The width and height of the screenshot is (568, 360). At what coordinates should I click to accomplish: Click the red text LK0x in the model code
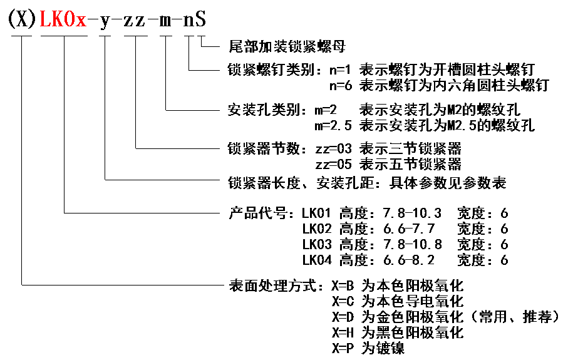tap(63, 20)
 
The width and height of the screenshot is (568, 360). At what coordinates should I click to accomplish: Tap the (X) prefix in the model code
tap(23, 20)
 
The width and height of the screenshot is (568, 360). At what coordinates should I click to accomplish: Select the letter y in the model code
tap(105, 20)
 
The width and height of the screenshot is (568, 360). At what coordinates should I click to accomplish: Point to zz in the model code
tap(135, 20)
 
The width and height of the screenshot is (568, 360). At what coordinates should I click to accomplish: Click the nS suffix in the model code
tap(194, 20)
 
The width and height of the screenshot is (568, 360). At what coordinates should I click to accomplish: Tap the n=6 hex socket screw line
tap(439, 85)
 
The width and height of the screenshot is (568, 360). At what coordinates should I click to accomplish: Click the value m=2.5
tap(335, 125)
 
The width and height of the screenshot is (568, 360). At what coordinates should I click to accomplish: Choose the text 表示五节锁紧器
tap(411, 165)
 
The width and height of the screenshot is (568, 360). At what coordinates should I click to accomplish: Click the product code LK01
tap(316, 213)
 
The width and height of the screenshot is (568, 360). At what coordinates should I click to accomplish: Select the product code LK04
tap(316, 260)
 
